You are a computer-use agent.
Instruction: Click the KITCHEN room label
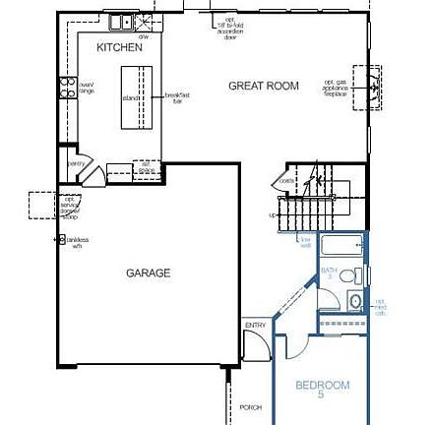pos(120,47)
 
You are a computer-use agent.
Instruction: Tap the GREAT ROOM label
pos(264,86)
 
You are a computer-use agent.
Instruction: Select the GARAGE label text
pos(148,273)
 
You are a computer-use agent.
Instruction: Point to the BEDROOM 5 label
pos(322,390)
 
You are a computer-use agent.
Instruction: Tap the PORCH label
pos(251,406)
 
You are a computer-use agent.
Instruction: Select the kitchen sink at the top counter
pos(120,22)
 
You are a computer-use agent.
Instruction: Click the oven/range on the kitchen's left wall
pos(69,89)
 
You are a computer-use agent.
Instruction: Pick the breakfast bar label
pos(177,95)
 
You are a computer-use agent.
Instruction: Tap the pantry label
pos(75,164)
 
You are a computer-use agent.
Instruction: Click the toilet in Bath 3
pos(357,274)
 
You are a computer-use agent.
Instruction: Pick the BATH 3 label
pos(328,272)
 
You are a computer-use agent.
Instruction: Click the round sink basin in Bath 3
pos(354,301)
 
